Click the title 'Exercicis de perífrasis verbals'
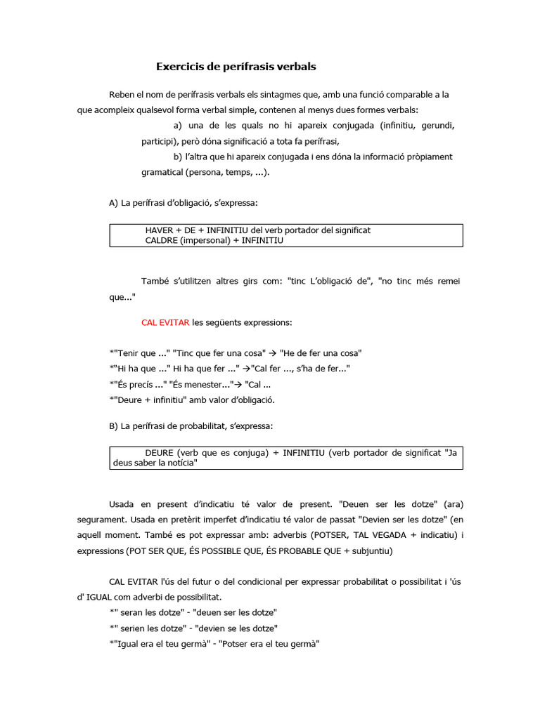coord(236,67)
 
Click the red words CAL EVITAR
coord(165,322)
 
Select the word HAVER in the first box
coord(159,230)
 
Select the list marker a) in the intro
coord(178,126)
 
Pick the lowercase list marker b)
coord(178,157)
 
